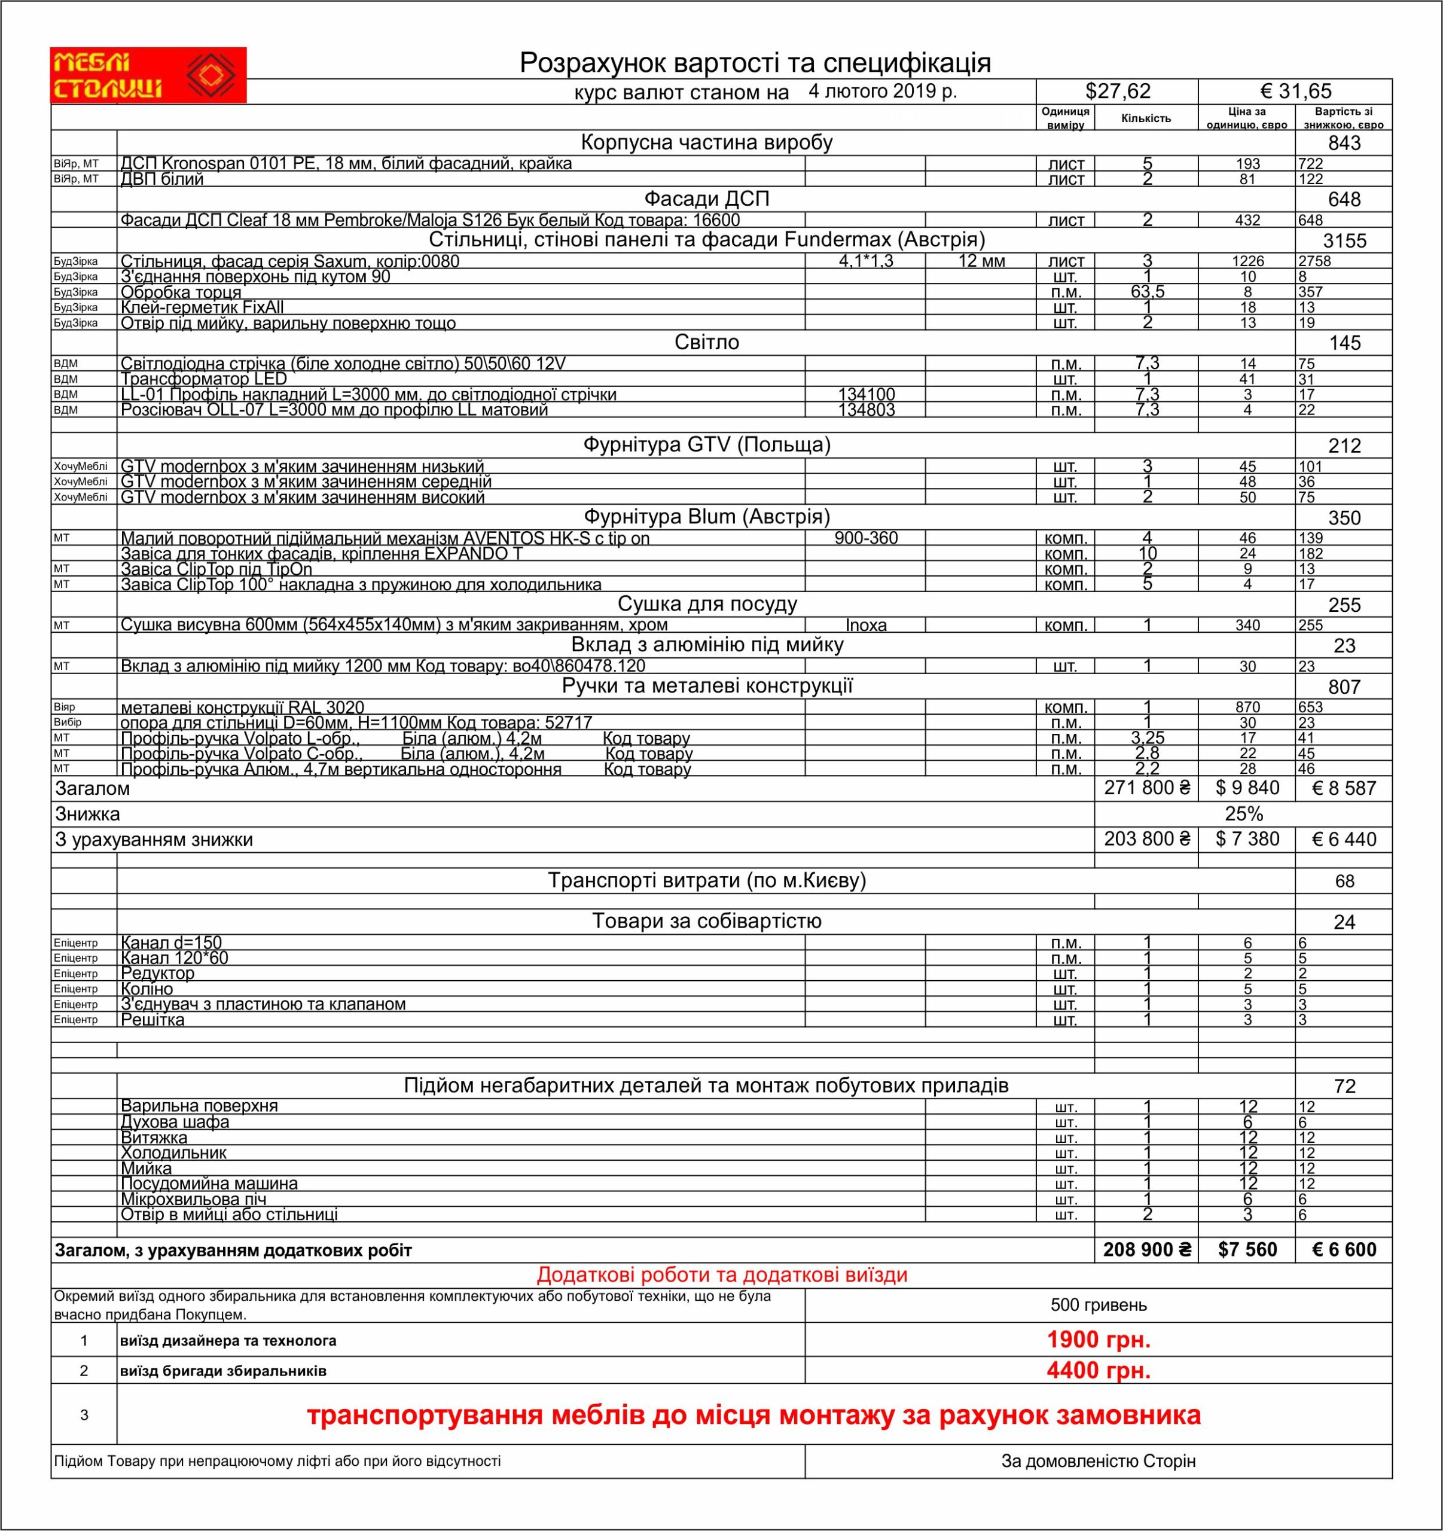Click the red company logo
coord(148,75)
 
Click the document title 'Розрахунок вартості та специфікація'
coord(755,62)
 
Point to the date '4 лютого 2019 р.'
coord(883,91)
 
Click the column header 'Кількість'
coord(1146,118)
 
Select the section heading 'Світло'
coord(706,342)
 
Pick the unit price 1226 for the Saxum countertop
coord(1247,261)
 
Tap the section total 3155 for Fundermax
coord(1344,240)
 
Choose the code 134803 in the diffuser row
coord(867,410)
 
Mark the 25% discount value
coord(1244,814)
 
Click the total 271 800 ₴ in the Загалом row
coord(1146,787)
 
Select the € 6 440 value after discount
coord(1344,838)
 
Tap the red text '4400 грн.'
coord(1098,1370)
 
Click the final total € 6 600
coord(1344,1249)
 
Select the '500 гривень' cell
coord(1098,1304)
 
